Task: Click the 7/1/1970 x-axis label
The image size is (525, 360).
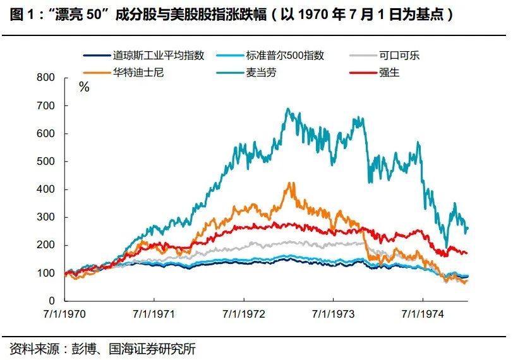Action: point(66,313)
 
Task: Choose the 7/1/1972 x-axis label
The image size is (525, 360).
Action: point(244,313)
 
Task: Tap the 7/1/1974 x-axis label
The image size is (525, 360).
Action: point(423,313)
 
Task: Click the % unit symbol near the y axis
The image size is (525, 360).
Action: point(84,88)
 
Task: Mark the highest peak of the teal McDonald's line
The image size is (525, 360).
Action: point(288,109)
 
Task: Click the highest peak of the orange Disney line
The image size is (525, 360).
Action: point(290,183)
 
